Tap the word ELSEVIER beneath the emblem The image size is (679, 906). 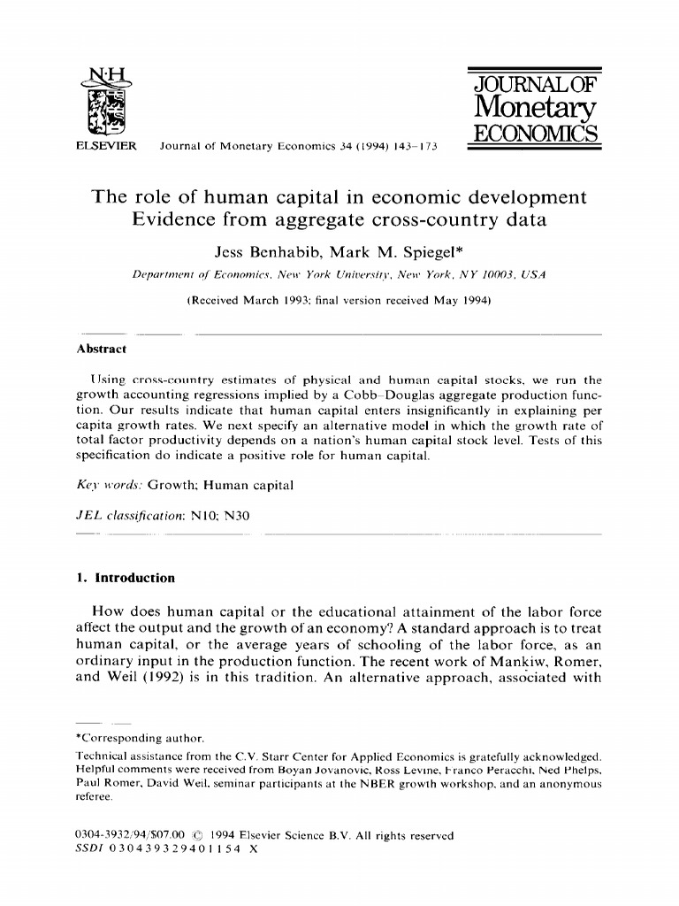click(103, 146)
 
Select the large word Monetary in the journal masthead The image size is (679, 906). click(536, 108)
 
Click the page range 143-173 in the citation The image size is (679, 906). click(415, 147)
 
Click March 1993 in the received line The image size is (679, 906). click(281, 300)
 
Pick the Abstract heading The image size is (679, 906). click(102, 349)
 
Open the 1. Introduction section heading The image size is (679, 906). click(126, 578)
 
